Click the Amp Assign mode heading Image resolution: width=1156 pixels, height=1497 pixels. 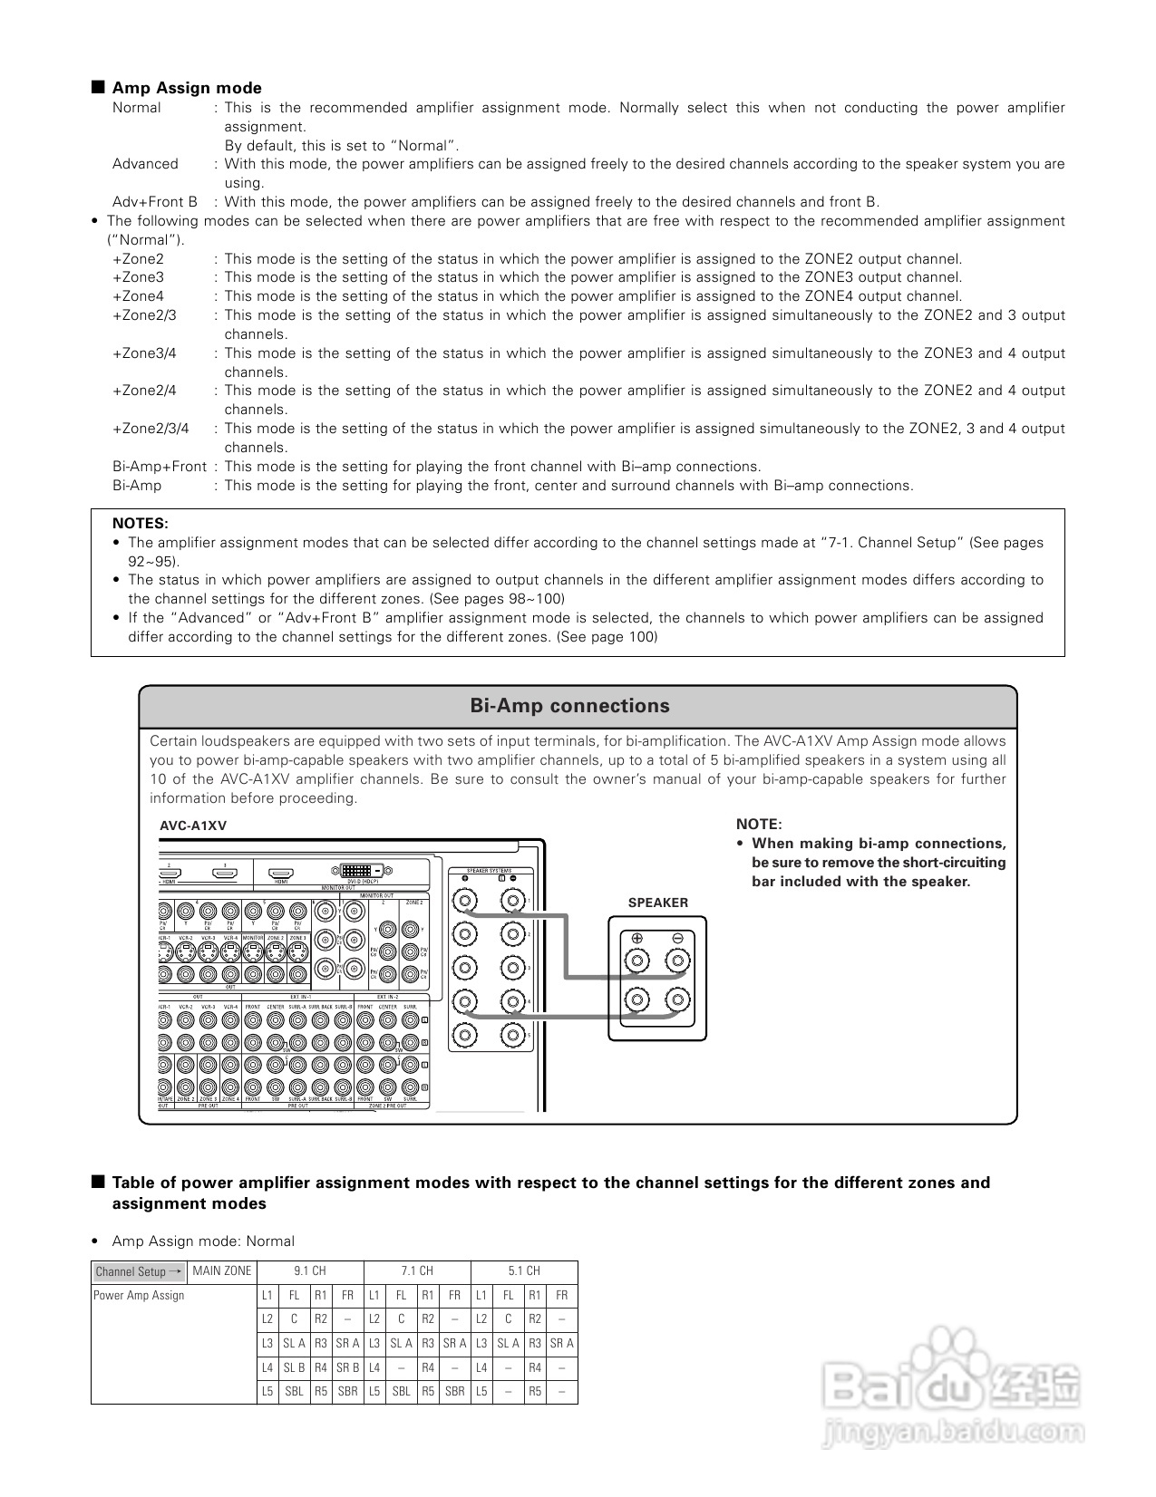pos(186,88)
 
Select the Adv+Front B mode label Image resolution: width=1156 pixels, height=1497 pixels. pos(154,202)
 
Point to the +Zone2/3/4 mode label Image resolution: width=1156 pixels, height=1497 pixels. pos(151,429)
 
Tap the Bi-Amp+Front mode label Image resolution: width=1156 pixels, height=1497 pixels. pos(160,467)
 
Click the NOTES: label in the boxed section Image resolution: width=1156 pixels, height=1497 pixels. pos(140,523)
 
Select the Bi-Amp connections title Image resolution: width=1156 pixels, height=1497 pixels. pos(569,706)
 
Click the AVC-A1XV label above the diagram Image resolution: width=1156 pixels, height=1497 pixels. pos(193,826)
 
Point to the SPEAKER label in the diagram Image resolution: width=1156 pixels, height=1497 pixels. pos(657,903)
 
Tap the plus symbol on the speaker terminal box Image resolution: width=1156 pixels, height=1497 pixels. pos(637,939)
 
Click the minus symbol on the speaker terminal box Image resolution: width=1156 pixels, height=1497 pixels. pos(677,939)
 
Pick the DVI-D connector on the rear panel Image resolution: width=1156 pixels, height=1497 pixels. pos(367,870)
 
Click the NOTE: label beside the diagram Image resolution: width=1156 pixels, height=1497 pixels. pos(758,824)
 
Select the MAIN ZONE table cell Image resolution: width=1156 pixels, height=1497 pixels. pos(221,1270)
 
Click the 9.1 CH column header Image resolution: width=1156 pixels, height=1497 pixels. pos(310,1270)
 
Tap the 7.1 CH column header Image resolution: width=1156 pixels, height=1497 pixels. pos(417,1270)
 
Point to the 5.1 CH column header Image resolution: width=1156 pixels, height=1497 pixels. pos(524,1270)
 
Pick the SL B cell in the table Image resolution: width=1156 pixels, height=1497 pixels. pos(294,1367)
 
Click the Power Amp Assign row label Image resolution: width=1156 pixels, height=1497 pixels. pos(139,1295)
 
